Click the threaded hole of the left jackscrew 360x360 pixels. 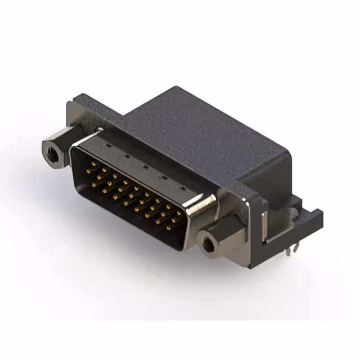click(x=53, y=150)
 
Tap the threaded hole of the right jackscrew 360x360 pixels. click(x=210, y=244)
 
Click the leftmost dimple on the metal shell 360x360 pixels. click(x=109, y=146)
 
